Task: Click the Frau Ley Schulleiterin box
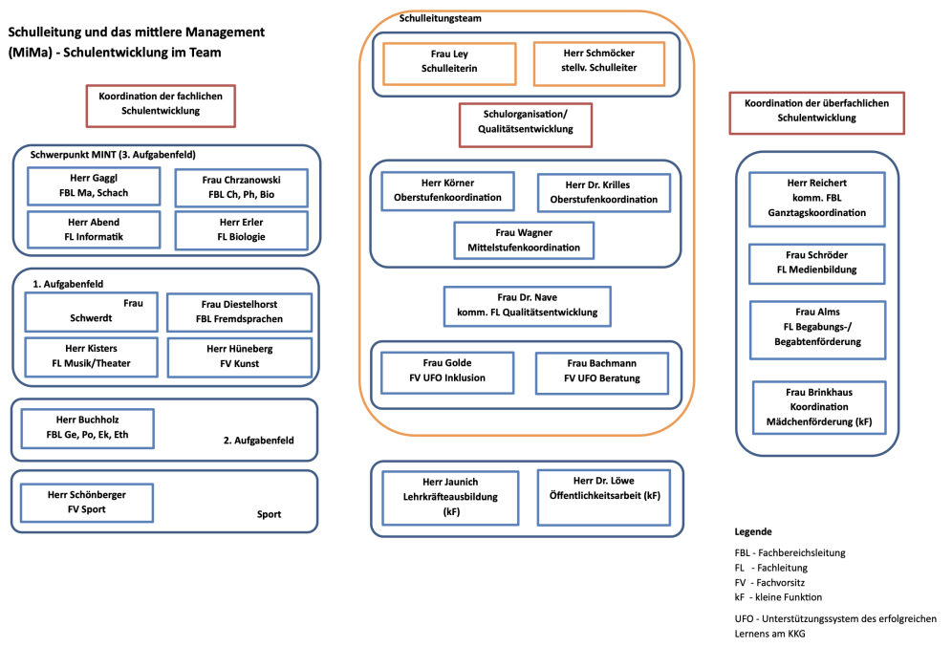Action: click(449, 64)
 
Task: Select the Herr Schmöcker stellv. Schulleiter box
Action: click(598, 64)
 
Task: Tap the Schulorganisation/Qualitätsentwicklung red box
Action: click(525, 125)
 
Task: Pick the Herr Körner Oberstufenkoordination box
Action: click(447, 191)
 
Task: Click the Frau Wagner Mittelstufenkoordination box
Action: click(524, 240)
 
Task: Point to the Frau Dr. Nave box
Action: click(527, 307)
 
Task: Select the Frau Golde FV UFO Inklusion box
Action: click(447, 373)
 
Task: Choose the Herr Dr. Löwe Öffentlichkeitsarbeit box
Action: click(604, 497)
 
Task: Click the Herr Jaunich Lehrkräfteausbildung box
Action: click(450, 498)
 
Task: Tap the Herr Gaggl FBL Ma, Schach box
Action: click(94, 186)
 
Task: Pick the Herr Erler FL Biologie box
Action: click(241, 230)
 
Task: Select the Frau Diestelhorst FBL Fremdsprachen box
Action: click(239, 313)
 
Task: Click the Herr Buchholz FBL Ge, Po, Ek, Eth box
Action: click(87, 428)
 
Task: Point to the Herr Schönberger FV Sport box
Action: click(86, 503)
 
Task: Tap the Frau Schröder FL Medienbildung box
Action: click(816, 264)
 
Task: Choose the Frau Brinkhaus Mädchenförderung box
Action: click(819, 407)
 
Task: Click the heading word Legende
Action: click(753, 531)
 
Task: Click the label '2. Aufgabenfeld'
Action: click(259, 441)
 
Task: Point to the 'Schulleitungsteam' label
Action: click(441, 18)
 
